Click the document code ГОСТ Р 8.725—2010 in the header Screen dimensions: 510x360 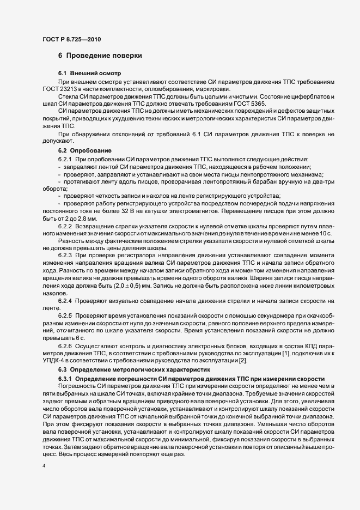coord(71,39)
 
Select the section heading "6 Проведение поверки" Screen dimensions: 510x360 coord(100,56)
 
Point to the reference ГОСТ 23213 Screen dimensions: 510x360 coord(60,89)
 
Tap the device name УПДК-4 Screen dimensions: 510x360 coord(54,361)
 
